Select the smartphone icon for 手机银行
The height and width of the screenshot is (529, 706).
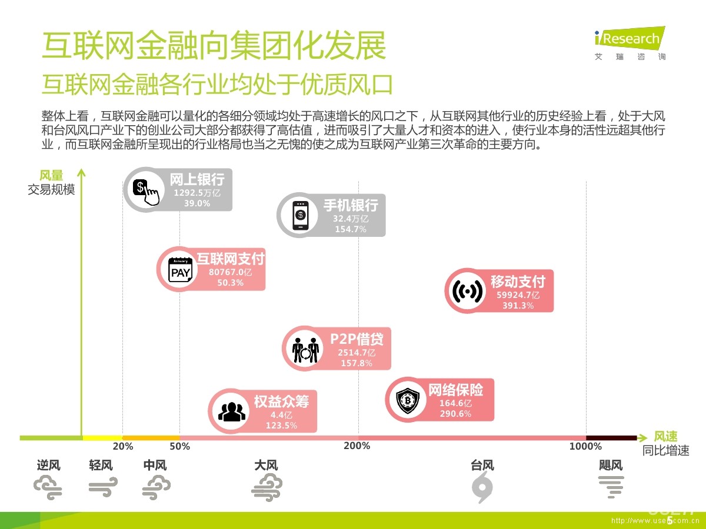pyautogui.click(x=300, y=215)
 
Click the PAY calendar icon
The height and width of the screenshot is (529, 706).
pyautogui.click(x=180, y=270)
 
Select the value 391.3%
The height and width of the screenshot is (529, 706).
pyautogui.click(x=518, y=306)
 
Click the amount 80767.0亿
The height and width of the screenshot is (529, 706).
pyautogui.click(x=230, y=272)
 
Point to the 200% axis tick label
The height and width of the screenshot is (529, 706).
pyautogui.click(x=357, y=446)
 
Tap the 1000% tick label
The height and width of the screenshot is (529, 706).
pyautogui.click(x=585, y=446)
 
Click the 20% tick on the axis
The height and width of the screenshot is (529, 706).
pyautogui.click(x=123, y=446)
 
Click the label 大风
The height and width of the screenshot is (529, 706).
pyautogui.click(x=266, y=466)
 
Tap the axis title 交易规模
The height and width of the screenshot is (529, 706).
pyautogui.click(x=51, y=190)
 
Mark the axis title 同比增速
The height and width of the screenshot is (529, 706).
pyautogui.click(x=665, y=451)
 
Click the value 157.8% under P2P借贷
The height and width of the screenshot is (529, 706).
pyautogui.click(x=357, y=363)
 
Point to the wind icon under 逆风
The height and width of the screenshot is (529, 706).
pyautogui.click(x=48, y=487)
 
